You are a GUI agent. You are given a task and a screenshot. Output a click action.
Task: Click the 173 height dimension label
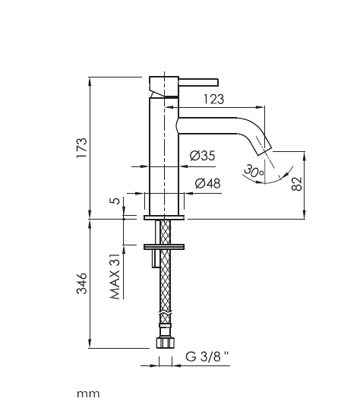pos(82,147)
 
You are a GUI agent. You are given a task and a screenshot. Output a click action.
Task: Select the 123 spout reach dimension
pos(213,99)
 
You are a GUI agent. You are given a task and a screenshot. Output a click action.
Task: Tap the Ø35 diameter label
pos(202,156)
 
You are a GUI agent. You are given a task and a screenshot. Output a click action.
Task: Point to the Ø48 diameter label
pos(207,183)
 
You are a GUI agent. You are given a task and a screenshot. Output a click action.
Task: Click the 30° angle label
pos(254,171)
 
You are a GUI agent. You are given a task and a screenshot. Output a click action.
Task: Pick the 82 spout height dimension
pos(297,184)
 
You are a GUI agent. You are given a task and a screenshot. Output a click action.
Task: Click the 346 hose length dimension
pos(82,283)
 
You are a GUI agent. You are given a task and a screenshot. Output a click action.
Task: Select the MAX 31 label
pos(115,277)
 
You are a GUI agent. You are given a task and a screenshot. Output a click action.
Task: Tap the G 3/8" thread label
pos(207,356)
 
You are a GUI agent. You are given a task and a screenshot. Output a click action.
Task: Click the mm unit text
pos(88,394)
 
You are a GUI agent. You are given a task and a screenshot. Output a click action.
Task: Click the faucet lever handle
pos(198,82)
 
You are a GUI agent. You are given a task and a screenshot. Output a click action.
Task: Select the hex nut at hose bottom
pos(166,343)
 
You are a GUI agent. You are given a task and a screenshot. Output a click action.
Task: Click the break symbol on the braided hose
pos(166,312)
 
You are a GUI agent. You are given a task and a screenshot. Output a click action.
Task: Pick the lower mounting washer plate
pos(164,247)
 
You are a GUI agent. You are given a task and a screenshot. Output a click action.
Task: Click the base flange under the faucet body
pos(164,217)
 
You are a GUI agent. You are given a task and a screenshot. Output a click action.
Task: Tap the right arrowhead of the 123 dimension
pos(261,106)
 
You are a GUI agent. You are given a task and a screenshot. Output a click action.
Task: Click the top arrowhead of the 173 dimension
pos(90,81)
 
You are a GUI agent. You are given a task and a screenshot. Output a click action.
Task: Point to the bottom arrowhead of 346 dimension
pos(90,343)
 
